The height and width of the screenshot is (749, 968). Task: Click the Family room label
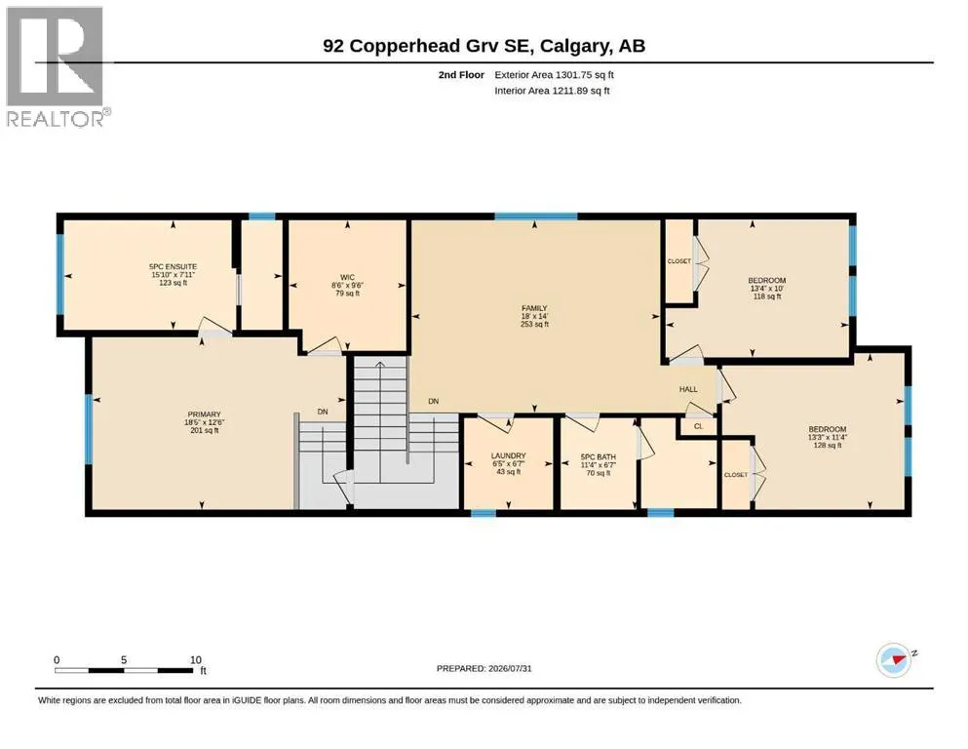[534, 308]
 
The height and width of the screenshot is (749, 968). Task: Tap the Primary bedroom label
[205, 414]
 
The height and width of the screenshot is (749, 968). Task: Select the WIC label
[348, 277]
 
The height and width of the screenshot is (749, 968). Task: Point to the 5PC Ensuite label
[173, 267]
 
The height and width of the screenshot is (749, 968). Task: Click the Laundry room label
[509, 455]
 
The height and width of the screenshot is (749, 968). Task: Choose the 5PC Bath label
[599, 457]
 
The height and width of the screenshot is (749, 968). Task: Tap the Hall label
[688, 389]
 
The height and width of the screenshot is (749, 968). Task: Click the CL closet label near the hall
[699, 426]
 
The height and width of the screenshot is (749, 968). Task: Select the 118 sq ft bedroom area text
[767, 296]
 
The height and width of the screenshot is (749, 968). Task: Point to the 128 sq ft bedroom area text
[828, 445]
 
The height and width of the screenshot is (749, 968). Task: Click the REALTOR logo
[58, 66]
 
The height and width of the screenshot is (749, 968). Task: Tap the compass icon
[895, 660]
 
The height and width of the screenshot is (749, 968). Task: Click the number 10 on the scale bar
[196, 659]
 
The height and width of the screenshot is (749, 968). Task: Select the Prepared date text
[484, 668]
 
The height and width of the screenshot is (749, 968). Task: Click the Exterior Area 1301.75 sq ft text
[555, 75]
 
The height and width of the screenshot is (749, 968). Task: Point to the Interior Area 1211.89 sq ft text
[552, 91]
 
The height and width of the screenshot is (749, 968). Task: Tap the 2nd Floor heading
[461, 75]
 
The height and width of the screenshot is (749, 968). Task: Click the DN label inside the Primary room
[323, 412]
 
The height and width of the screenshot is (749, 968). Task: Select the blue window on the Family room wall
[536, 217]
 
